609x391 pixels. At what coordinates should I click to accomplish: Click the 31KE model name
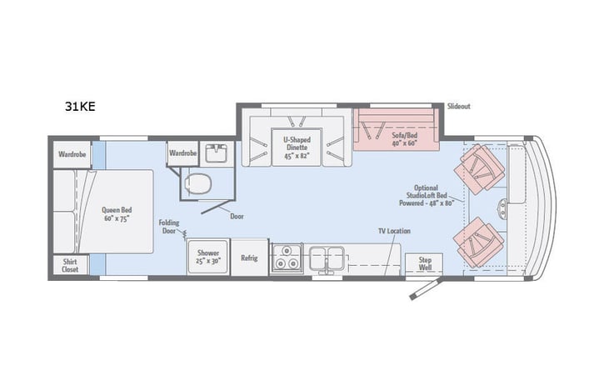coord(80,107)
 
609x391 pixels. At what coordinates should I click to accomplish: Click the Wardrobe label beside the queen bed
coord(72,154)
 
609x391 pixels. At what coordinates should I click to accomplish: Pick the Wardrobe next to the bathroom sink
coord(182,153)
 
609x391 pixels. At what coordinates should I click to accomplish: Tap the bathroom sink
coord(218,153)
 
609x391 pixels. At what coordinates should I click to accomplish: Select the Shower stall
coord(208,257)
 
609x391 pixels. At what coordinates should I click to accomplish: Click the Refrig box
coord(249,258)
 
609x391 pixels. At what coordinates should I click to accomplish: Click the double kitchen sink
coord(327,259)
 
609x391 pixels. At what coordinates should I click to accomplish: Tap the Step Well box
coord(425,263)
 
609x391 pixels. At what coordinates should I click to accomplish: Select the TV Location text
coord(394,230)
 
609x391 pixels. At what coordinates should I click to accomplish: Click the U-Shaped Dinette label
coord(296,148)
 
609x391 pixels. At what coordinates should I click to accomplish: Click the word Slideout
coord(460,107)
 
